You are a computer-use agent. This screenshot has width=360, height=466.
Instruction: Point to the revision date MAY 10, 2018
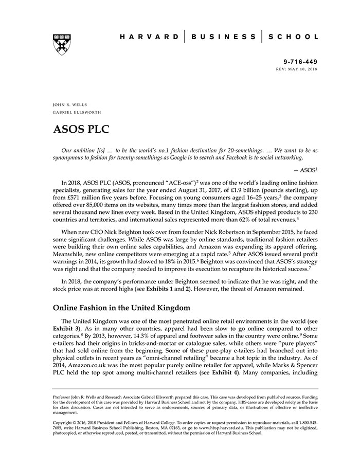click(x=303, y=68)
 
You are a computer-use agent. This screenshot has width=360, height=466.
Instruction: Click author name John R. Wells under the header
click(x=69, y=104)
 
